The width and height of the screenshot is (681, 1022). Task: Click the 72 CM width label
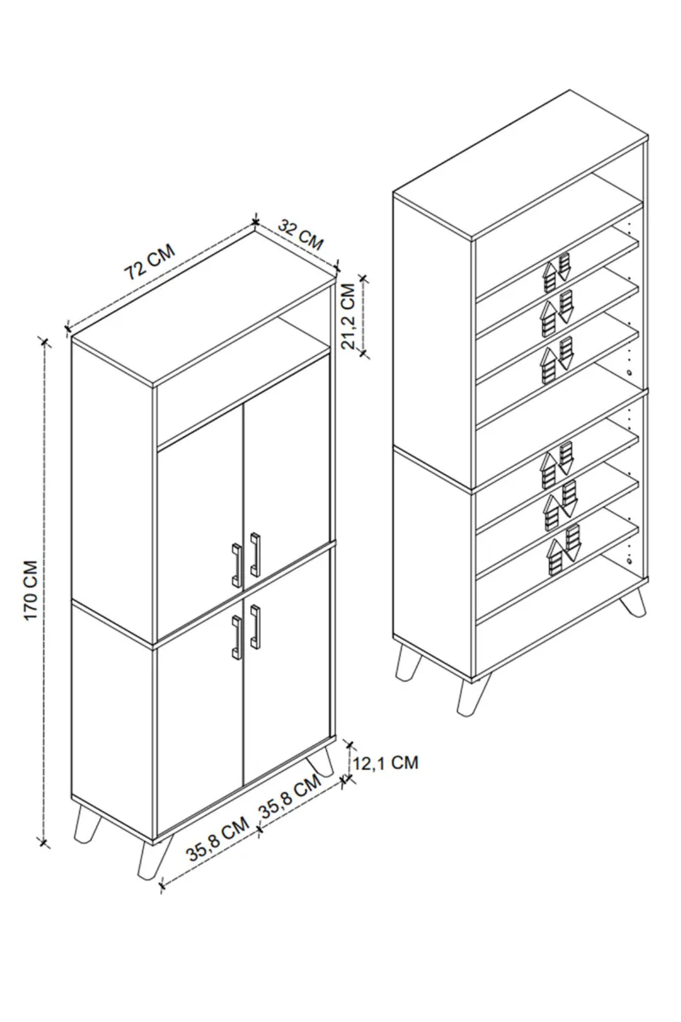click(150, 261)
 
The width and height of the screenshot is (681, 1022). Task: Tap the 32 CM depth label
click(300, 234)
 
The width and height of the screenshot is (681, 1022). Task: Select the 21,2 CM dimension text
click(349, 316)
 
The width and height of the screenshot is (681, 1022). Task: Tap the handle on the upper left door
click(237, 566)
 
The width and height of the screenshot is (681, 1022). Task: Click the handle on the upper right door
click(255, 554)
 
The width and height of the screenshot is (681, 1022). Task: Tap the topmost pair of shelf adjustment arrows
click(556, 272)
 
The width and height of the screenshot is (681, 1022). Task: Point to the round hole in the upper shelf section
click(629, 372)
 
